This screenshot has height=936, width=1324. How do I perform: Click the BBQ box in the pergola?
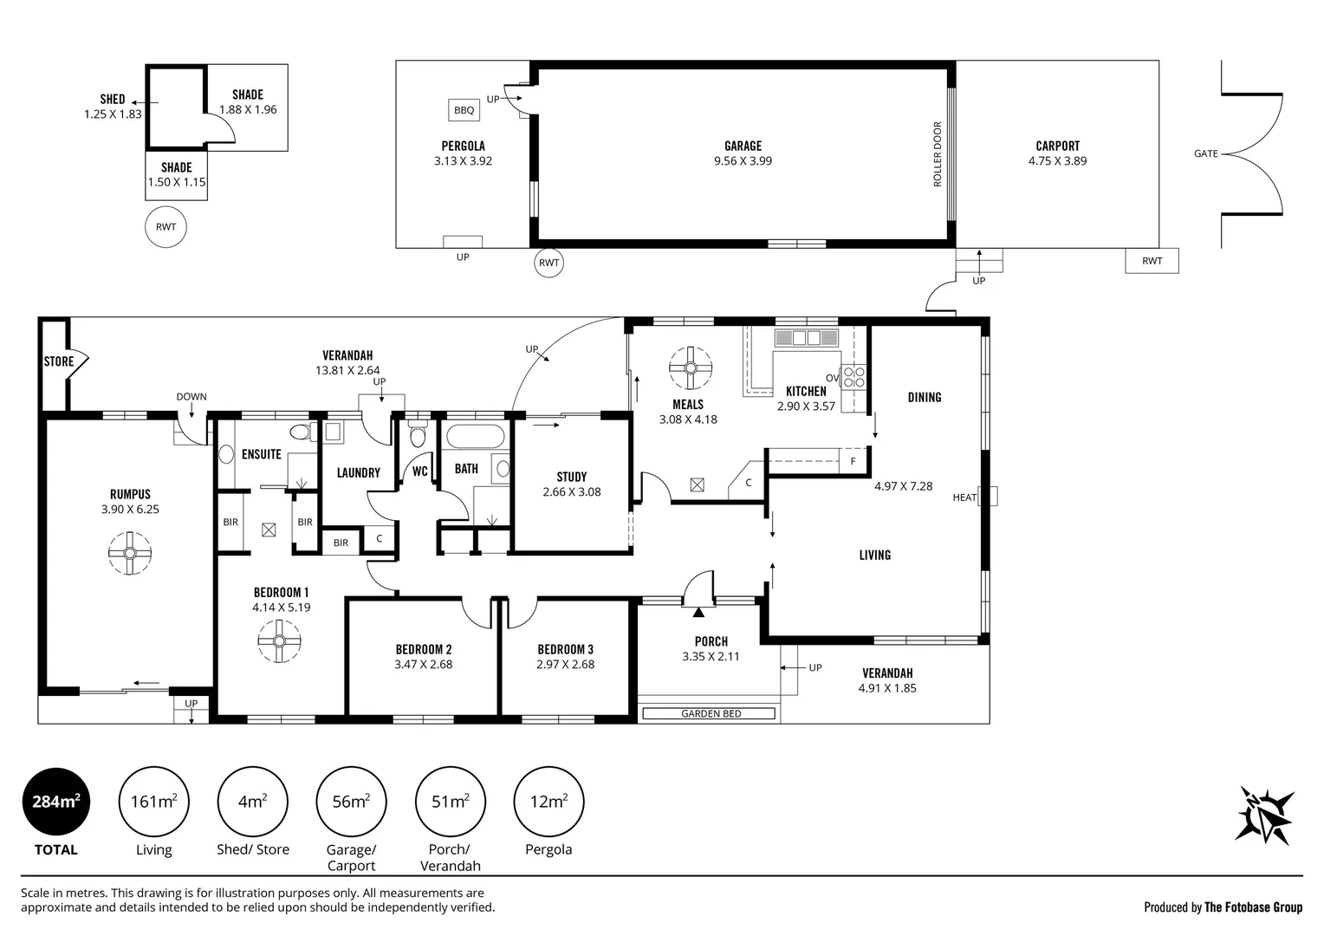click(x=464, y=110)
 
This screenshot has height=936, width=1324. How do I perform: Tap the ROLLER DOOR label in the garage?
click(x=938, y=154)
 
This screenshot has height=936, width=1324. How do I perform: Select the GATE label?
click(x=1206, y=153)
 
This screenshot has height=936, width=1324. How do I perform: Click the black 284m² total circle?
click(x=56, y=802)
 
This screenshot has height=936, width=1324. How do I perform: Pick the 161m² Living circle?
click(x=153, y=802)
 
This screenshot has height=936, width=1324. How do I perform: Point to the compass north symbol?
click(x=1264, y=815)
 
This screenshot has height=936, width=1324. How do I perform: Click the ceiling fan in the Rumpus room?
click(x=130, y=554)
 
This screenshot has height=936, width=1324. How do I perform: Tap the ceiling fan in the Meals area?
click(x=691, y=367)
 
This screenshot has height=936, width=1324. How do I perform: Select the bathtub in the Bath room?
click(x=475, y=437)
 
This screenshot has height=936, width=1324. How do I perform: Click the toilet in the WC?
click(x=418, y=434)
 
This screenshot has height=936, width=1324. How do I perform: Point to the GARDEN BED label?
click(x=711, y=713)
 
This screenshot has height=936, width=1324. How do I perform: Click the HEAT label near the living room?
click(x=964, y=497)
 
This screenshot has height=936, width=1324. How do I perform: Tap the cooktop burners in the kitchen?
click(x=854, y=377)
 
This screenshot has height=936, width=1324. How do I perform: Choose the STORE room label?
click(x=59, y=361)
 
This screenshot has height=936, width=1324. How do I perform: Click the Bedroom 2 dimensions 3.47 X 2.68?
click(x=423, y=665)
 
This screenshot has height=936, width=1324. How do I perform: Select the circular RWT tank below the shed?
click(x=166, y=227)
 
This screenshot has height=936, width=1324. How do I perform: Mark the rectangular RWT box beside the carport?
click(x=1152, y=261)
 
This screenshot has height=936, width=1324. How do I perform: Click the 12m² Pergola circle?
click(x=548, y=802)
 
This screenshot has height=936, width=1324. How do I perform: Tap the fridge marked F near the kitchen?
click(x=853, y=460)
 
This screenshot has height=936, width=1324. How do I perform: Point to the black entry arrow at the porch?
click(x=698, y=613)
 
